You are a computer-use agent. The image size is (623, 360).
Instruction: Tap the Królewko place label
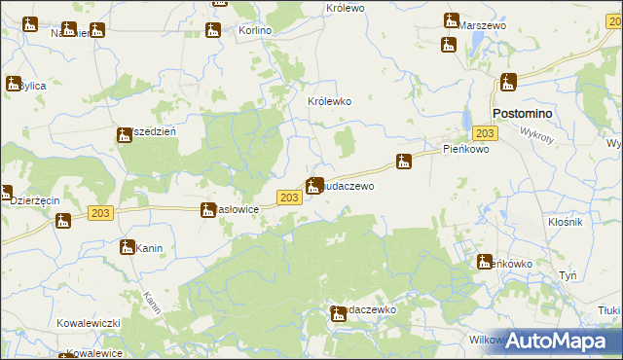pyautogui.click(x=329, y=101)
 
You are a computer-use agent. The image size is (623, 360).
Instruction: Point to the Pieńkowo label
pyautogui.click(x=465, y=150)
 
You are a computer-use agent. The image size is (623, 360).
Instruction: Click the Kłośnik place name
pyautogui.click(x=565, y=223)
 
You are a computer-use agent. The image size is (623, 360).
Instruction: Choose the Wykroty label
pyautogui.click(x=536, y=133)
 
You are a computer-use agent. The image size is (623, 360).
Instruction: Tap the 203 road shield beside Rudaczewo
pyautogui.click(x=288, y=198)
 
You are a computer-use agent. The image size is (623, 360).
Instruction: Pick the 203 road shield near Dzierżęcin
pyautogui.click(x=98, y=212)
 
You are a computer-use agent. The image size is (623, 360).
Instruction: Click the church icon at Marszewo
pyautogui.click(x=451, y=20)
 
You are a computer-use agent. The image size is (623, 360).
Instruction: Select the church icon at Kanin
pyautogui.click(x=127, y=247)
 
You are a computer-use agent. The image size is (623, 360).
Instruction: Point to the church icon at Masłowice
pyautogui.click(x=207, y=209)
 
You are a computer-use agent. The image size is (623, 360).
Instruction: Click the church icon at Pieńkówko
pyautogui.click(x=484, y=261)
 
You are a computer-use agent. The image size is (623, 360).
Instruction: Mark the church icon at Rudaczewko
pyautogui.click(x=338, y=312)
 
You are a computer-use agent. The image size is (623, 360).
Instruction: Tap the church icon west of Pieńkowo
pyautogui.click(x=404, y=161)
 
